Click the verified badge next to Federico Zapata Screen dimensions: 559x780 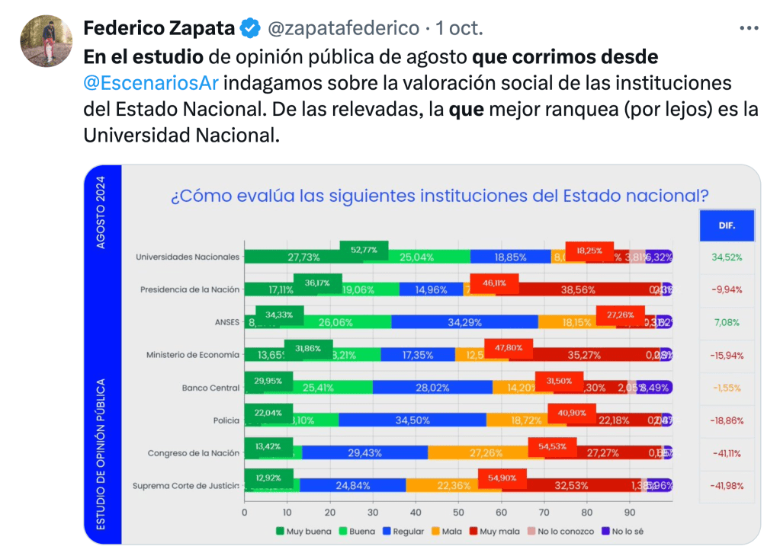251,29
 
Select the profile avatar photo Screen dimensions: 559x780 46,40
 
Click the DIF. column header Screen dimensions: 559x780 727,225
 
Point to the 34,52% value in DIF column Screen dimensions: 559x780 727,257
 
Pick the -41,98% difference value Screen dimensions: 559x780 727,486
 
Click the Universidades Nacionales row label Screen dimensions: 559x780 188,257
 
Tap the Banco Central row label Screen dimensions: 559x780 210,388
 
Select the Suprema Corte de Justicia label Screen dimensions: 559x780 186,486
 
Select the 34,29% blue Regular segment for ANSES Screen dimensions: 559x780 464,322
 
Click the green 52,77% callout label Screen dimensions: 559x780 364,249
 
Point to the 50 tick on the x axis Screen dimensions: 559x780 458,513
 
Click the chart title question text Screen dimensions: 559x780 440,196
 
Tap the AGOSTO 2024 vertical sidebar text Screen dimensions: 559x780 102,212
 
